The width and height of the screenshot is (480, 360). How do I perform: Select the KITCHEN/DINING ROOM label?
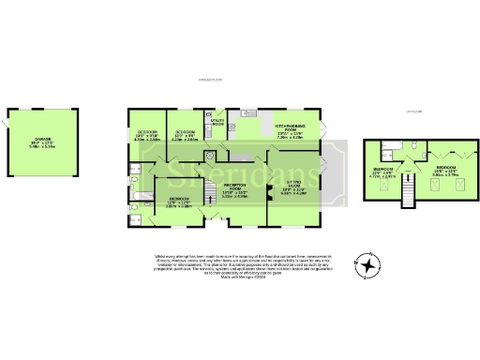pos(290,129)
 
